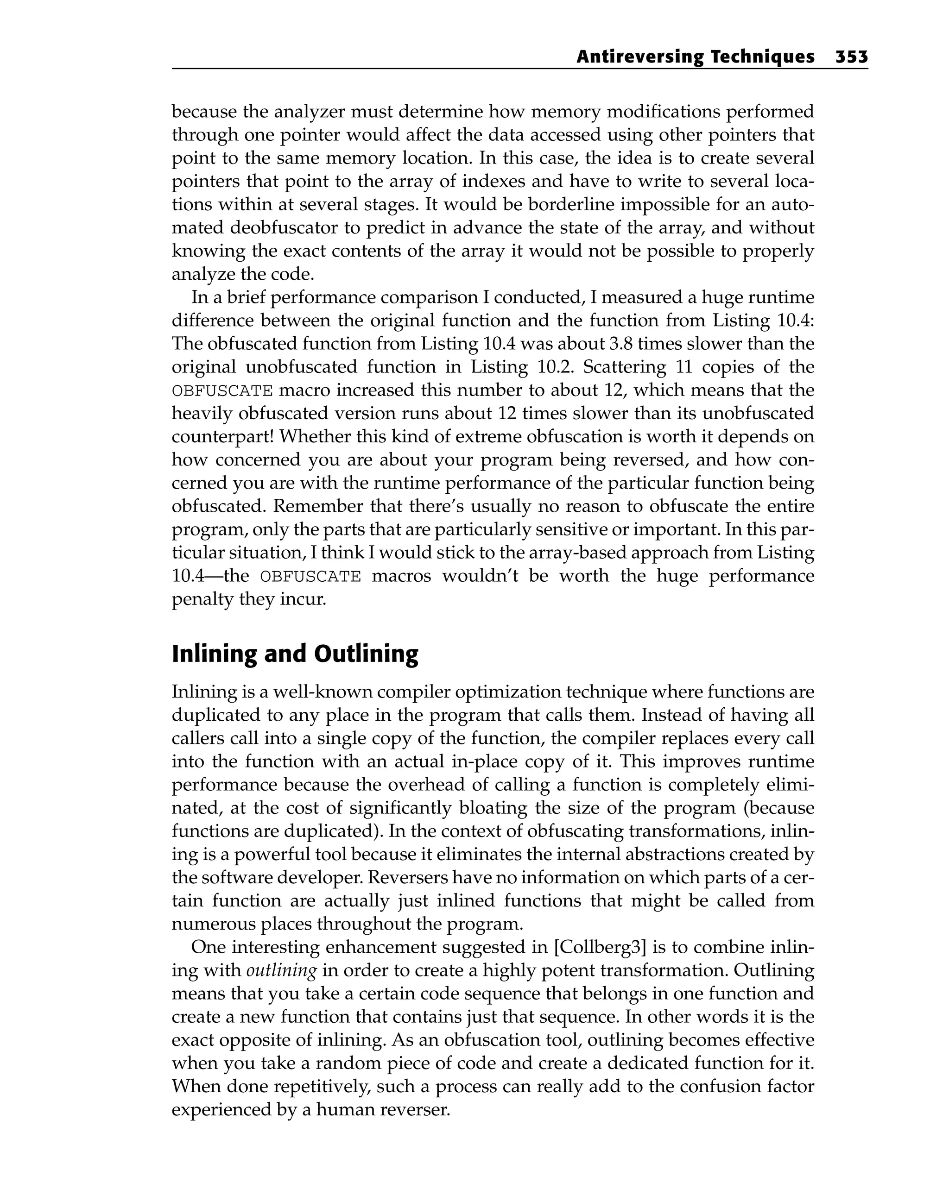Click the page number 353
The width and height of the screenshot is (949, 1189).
[x=851, y=57]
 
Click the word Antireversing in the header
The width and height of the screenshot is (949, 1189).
[x=639, y=57]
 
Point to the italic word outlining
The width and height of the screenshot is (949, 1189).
[x=281, y=970]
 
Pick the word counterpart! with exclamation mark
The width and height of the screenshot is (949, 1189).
[x=222, y=436]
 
